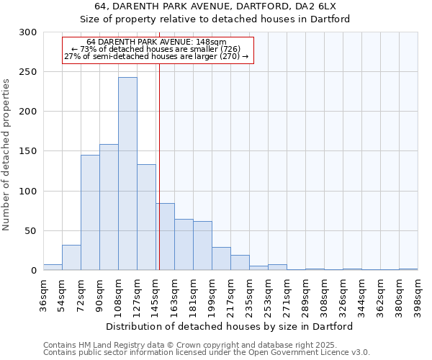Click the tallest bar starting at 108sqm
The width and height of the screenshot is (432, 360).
(x=127, y=174)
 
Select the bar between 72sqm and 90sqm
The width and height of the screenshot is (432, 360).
(x=90, y=212)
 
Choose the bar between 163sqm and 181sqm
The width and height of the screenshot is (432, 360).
(x=184, y=245)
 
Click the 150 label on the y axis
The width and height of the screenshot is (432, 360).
(x=30, y=152)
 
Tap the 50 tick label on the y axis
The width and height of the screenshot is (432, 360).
(x=32, y=231)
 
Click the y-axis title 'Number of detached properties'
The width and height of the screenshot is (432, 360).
(x=7, y=155)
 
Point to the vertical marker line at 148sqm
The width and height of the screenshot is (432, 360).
(x=159, y=166)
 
